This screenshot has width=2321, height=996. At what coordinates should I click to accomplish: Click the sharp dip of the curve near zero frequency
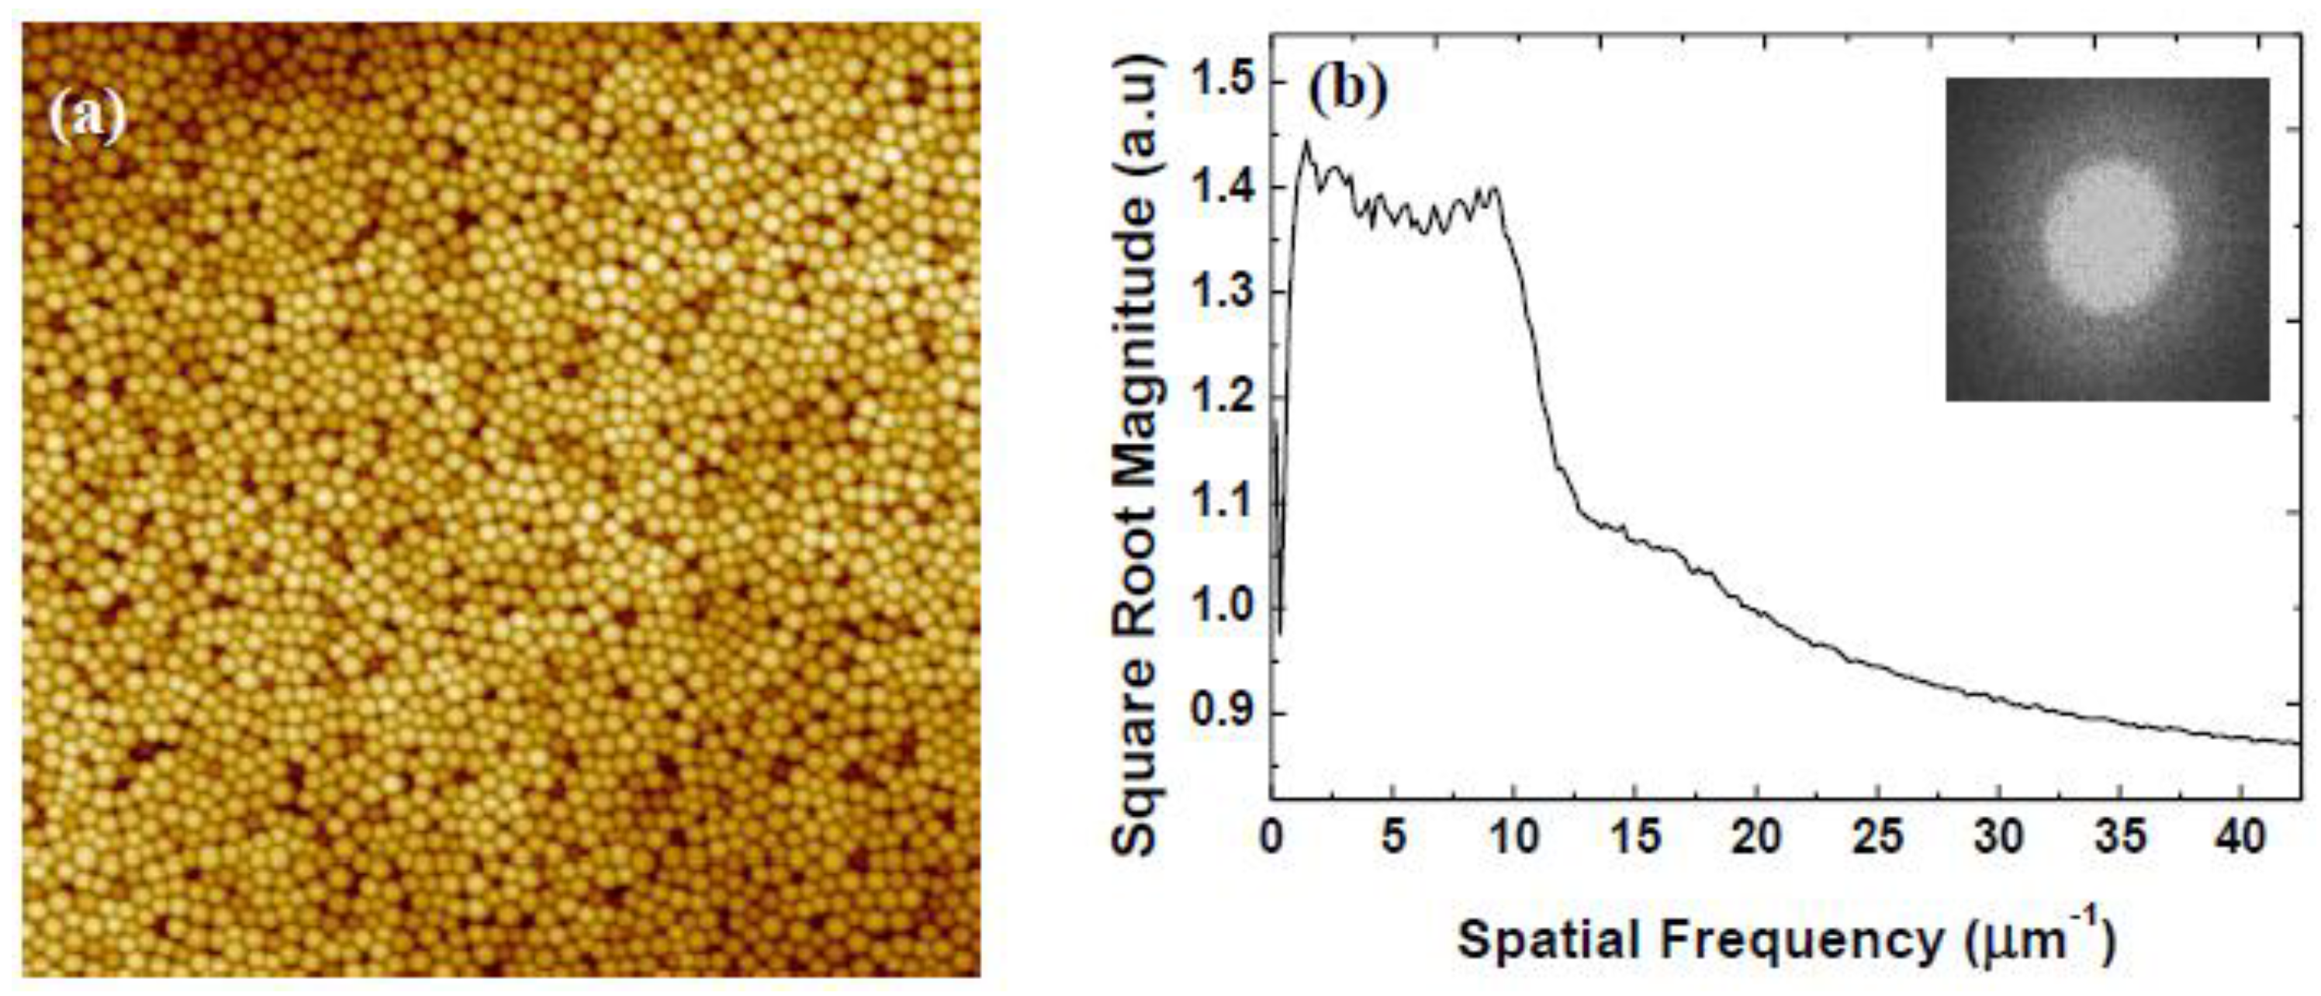[x=1280, y=631]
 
